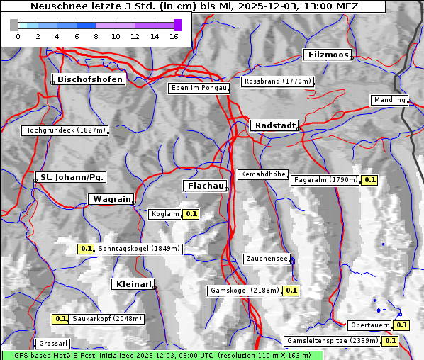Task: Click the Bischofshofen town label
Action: (90, 79)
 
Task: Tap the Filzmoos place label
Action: (327, 55)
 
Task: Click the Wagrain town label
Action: (110, 200)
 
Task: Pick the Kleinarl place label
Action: (133, 284)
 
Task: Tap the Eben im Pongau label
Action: (199, 88)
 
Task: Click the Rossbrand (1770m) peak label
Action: (277, 81)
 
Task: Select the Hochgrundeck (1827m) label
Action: (65, 130)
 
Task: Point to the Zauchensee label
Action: (267, 259)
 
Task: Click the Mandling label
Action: (389, 100)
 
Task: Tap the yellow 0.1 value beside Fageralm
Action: (369, 180)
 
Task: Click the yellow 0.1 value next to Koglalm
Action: (191, 213)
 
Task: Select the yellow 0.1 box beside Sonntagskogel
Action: (86, 249)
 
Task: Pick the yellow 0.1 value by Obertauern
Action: (401, 325)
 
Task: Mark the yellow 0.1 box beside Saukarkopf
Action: (61, 319)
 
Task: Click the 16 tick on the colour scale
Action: (174, 35)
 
